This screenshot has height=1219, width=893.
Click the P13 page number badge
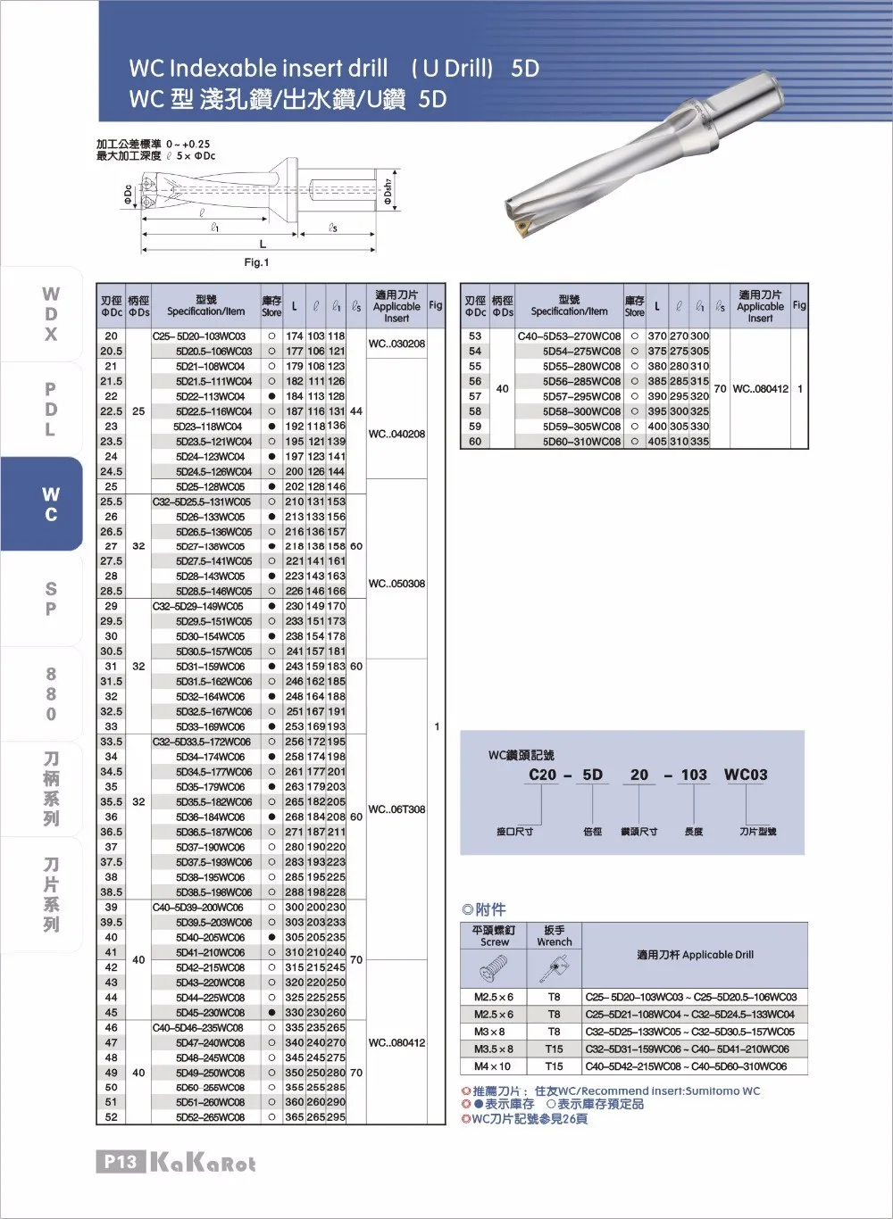click(120, 1161)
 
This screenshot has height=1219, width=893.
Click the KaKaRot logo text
click(204, 1163)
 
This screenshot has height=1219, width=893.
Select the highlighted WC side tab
click(51, 504)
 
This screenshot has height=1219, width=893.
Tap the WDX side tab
click(51, 314)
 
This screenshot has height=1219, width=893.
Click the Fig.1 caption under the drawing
click(256, 262)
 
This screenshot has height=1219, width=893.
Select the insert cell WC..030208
click(396, 344)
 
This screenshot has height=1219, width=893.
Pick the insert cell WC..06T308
click(396, 809)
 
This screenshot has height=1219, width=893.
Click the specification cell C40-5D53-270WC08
click(569, 336)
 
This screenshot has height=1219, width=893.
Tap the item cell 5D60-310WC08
click(581, 442)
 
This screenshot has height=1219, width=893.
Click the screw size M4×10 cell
click(493, 1066)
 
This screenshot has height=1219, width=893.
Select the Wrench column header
click(554, 935)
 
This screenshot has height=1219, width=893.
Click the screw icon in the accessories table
click(493, 966)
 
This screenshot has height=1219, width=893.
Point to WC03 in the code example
click(746, 775)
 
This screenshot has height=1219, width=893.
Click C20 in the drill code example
click(542, 775)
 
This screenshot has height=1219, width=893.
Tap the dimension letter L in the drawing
click(263, 244)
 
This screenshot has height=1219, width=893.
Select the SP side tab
click(51, 599)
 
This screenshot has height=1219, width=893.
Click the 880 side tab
click(51, 694)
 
